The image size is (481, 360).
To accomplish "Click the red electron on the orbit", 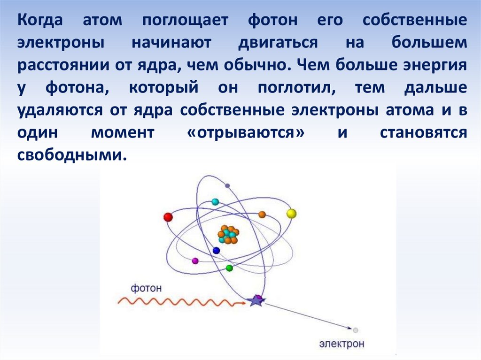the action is click(x=168, y=217).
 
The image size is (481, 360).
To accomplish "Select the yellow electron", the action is click(x=291, y=214).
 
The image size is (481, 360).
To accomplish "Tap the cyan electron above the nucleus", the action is click(x=215, y=202).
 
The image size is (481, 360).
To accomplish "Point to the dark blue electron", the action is click(x=216, y=251).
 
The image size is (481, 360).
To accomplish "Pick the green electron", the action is click(x=229, y=268).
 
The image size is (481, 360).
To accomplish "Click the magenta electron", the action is click(x=195, y=261).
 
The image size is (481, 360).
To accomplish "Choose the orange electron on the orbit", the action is click(x=262, y=214).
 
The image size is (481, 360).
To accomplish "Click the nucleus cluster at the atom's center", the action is click(x=228, y=235).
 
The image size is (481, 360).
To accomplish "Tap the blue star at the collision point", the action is click(x=256, y=300).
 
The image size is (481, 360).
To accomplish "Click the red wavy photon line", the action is click(x=182, y=302).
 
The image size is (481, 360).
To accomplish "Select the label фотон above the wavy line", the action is click(x=146, y=288).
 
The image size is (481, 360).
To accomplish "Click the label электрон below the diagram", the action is click(x=342, y=344).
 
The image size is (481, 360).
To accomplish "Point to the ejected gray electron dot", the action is click(x=356, y=330).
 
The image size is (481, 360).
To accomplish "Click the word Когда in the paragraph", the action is click(x=40, y=20).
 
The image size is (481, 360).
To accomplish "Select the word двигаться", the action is click(x=278, y=43).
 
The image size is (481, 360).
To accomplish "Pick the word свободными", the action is click(x=72, y=155).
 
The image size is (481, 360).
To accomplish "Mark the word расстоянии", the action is click(x=63, y=66).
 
